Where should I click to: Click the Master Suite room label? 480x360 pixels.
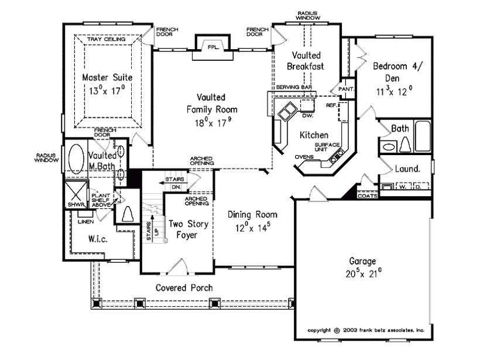(x=107, y=77)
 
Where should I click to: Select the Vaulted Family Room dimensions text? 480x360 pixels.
(x=212, y=123)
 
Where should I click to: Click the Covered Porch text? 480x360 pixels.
(x=184, y=288)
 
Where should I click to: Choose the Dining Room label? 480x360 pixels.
(x=252, y=214)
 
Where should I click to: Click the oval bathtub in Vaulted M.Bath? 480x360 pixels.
(x=76, y=157)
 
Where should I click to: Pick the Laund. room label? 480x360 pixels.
(x=408, y=169)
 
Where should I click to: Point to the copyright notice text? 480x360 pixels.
(x=366, y=330)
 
